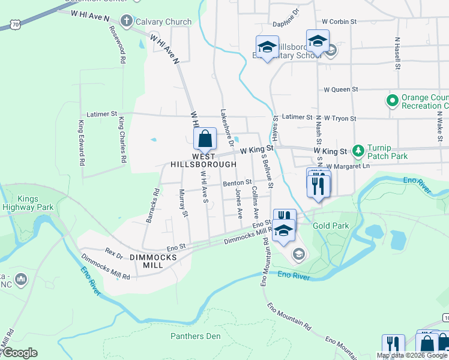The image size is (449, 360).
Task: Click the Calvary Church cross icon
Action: click(126, 22)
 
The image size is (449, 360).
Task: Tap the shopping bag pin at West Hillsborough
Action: click(205, 139)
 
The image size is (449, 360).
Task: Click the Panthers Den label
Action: click(196, 336)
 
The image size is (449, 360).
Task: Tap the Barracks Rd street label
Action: click(153, 206)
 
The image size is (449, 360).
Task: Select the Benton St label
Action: click(237, 182)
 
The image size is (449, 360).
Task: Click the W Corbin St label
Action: click(339, 21)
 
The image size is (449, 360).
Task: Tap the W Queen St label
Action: click(340, 89)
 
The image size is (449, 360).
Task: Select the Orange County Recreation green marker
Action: click(393, 100)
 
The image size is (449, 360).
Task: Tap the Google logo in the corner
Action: click(19, 353)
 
